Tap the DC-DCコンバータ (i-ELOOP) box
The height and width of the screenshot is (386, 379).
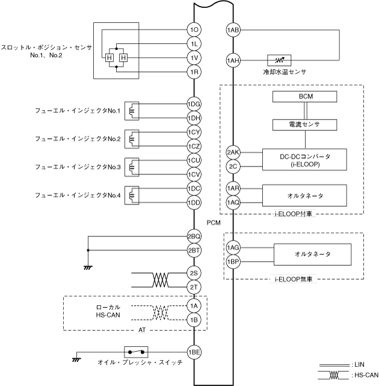(x=305, y=159)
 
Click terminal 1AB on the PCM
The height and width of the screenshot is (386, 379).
(x=233, y=30)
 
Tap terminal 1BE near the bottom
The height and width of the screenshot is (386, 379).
(x=194, y=352)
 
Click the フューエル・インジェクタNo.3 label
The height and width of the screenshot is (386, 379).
(x=78, y=167)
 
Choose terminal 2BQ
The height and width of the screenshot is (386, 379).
(x=194, y=237)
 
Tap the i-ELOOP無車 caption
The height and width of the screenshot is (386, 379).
(x=294, y=279)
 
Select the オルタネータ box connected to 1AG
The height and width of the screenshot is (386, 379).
(x=311, y=254)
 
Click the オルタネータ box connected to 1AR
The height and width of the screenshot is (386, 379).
(x=305, y=195)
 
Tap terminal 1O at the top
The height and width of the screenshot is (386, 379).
(x=194, y=30)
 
